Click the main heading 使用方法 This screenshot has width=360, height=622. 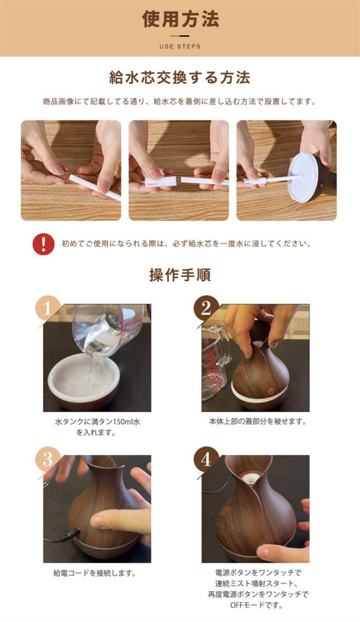(x=181, y=20)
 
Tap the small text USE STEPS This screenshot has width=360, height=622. (x=180, y=47)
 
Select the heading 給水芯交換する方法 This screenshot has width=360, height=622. (x=180, y=78)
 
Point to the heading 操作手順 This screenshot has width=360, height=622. (x=180, y=275)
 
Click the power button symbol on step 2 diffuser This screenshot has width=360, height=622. (x=271, y=391)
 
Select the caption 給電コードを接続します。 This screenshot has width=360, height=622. (x=94, y=573)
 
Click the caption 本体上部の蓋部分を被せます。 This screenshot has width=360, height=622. (x=258, y=422)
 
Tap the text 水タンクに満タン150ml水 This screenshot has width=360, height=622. (x=97, y=422)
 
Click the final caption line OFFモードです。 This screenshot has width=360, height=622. (x=257, y=605)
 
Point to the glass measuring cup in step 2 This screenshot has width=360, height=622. (x=217, y=363)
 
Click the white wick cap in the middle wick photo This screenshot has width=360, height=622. (x=161, y=182)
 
